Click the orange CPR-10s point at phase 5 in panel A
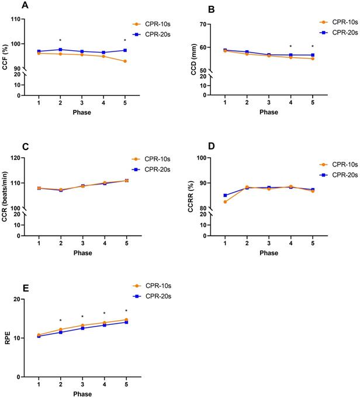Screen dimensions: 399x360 click(126, 61)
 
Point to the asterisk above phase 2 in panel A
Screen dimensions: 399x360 click(60, 41)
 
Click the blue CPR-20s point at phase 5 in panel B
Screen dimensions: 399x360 click(313, 55)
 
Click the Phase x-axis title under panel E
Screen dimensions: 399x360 click(82, 395)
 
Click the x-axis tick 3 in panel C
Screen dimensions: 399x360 click(82, 243)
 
